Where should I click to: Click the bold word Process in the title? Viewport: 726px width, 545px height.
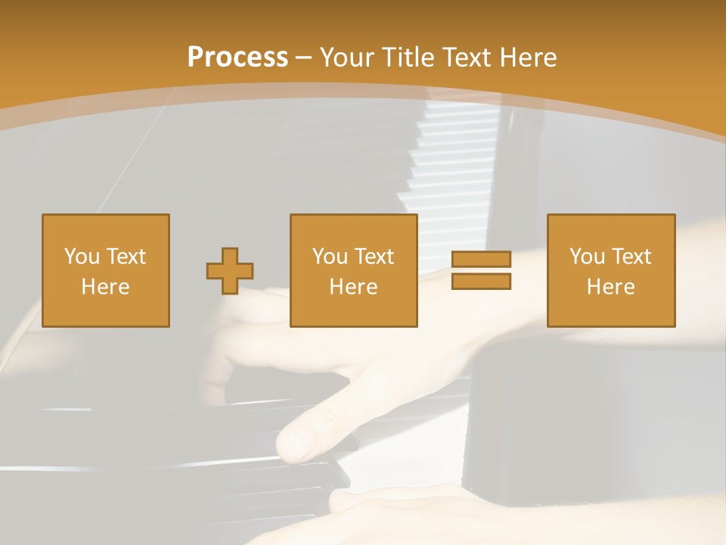(x=237, y=58)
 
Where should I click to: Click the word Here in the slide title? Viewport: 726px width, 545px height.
(x=529, y=58)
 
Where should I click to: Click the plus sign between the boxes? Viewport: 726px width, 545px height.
(x=230, y=271)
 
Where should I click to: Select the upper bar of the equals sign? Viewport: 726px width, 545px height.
(x=481, y=260)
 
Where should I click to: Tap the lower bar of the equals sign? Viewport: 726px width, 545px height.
(x=481, y=282)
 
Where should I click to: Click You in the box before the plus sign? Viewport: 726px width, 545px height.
(x=81, y=257)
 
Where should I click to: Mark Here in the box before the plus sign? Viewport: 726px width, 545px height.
(x=105, y=287)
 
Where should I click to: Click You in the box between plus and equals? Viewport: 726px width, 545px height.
(x=330, y=257)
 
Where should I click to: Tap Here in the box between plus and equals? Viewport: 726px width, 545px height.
(x=353, y=287)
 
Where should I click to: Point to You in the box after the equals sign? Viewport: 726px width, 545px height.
(x=587, y=257)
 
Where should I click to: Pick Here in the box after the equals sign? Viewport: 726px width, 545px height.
(x=610, y=287)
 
